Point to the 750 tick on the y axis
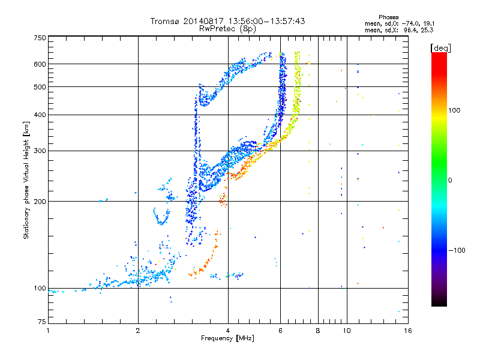click(x=40, y=38)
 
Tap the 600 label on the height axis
click(x=40, y=64)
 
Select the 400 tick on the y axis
click(x=40, y=115)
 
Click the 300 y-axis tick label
click(x=40, y=151)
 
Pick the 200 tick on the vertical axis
click(x=40, y=201)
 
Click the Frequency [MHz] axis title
click(x=227, y=338)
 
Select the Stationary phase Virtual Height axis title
click(x=26, y=181)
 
